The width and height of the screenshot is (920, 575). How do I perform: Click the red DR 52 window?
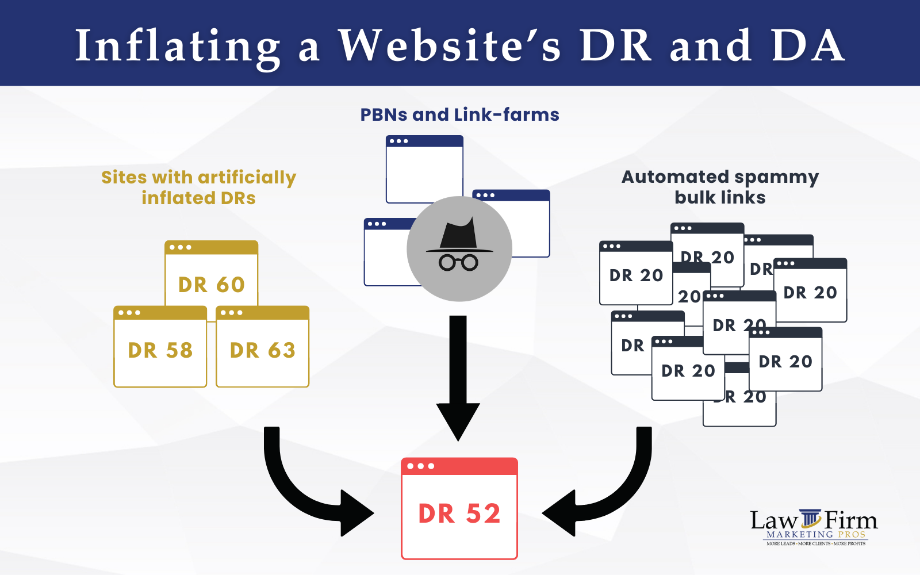459,508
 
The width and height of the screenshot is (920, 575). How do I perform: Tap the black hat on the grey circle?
458,236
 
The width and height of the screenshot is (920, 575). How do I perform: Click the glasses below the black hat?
458,263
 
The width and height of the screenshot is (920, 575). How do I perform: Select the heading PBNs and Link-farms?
459,114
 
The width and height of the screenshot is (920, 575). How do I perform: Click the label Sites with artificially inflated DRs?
199,187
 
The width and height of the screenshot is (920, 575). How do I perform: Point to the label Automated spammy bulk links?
720,187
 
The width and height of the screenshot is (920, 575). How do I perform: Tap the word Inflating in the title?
178,46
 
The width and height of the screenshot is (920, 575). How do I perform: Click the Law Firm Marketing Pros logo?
814,527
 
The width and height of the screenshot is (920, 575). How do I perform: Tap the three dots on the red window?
421,466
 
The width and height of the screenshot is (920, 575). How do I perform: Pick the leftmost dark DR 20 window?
635,273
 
